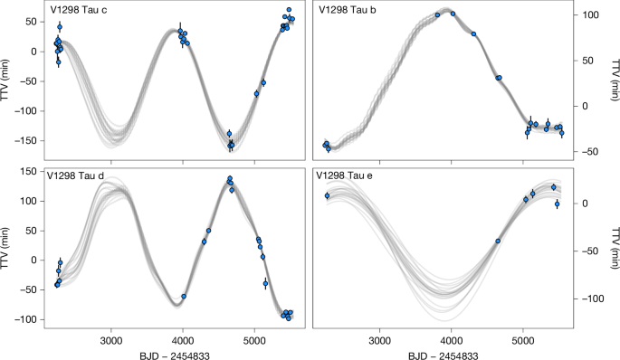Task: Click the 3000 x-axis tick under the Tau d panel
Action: pos(110,341)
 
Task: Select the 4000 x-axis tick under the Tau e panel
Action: pos(450,341)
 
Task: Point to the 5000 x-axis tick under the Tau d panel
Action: pos(254,341)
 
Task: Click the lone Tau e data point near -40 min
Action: pos(498,242)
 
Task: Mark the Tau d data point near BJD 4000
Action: pos(184,297)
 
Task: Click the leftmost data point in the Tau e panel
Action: pos(328,195)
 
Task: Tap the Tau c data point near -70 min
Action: pos(257,93)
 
